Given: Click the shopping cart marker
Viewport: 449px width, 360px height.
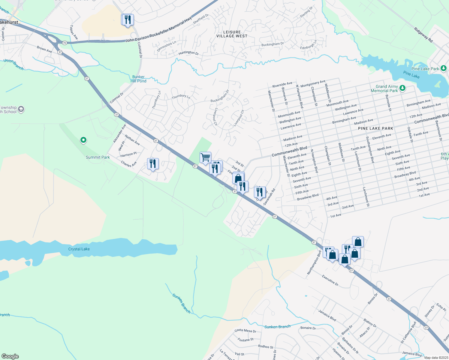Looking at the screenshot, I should coord(205,157).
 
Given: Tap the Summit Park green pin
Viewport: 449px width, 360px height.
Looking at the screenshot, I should coord(83,140).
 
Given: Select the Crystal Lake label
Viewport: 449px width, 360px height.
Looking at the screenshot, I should coord(79,249).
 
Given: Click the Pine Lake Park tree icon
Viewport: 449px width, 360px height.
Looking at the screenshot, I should coord(444,69).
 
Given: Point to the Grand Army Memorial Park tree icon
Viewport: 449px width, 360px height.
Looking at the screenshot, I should coord(402,88).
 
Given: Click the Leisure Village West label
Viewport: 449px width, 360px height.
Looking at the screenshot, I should coord(232,34).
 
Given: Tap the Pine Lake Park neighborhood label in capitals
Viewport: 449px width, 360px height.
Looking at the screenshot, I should coord(375,128).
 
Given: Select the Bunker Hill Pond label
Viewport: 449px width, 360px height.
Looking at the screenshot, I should coord(138,79).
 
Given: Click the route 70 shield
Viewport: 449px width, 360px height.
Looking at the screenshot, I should coord(65,43).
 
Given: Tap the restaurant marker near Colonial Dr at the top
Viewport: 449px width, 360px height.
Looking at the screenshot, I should coord(128,20).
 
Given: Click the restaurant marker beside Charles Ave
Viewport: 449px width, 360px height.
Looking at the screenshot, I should coord(153,164).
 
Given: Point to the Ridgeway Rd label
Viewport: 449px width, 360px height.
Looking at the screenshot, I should coord(423,35).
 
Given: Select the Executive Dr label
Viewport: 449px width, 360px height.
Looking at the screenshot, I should coord(330,280).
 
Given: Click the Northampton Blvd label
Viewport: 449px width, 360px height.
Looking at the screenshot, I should coord(314,262).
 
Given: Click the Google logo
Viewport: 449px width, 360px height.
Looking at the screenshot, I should coord(10,356).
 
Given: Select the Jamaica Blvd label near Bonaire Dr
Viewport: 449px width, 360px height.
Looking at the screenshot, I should coord(327,315).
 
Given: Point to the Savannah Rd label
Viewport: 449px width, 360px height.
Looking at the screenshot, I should coord(269,197).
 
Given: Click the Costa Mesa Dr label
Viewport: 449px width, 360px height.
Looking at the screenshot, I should coord(246,331).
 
